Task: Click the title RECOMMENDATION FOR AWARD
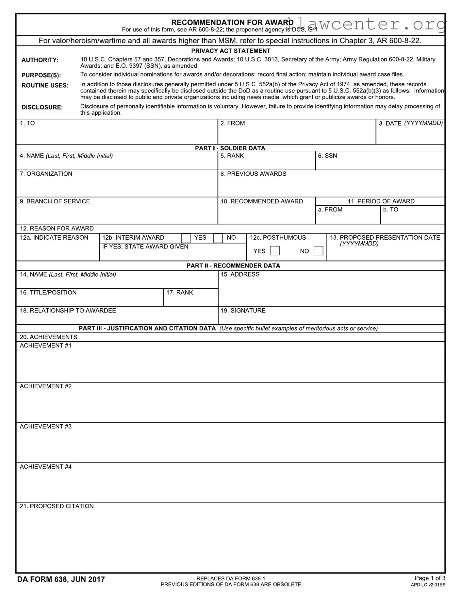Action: pos(232,22)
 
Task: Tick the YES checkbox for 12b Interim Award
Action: pos(186,238)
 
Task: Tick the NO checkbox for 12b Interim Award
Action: pos(218,238)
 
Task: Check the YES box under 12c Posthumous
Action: pos(275,251)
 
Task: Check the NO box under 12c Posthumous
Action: pos(318,251)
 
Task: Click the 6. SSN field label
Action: pos(327,156)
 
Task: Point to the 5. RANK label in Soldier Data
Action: pos(232,156)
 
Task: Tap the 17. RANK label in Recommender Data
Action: pos(179,293)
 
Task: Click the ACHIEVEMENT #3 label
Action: pos(45,427)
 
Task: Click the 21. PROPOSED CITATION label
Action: pos(57,506)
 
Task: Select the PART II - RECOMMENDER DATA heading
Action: pos(233,266)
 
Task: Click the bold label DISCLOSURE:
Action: pos(42,108)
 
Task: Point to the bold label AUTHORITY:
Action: pos(40,60)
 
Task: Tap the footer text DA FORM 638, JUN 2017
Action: pos(61,579)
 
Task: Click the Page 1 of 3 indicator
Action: pos(430,578)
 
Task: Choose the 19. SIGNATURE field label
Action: pos(243,311)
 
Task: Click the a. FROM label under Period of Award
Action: pos(330,210)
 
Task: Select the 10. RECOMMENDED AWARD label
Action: pos(261,201)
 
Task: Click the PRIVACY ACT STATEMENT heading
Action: pos(231,51)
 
